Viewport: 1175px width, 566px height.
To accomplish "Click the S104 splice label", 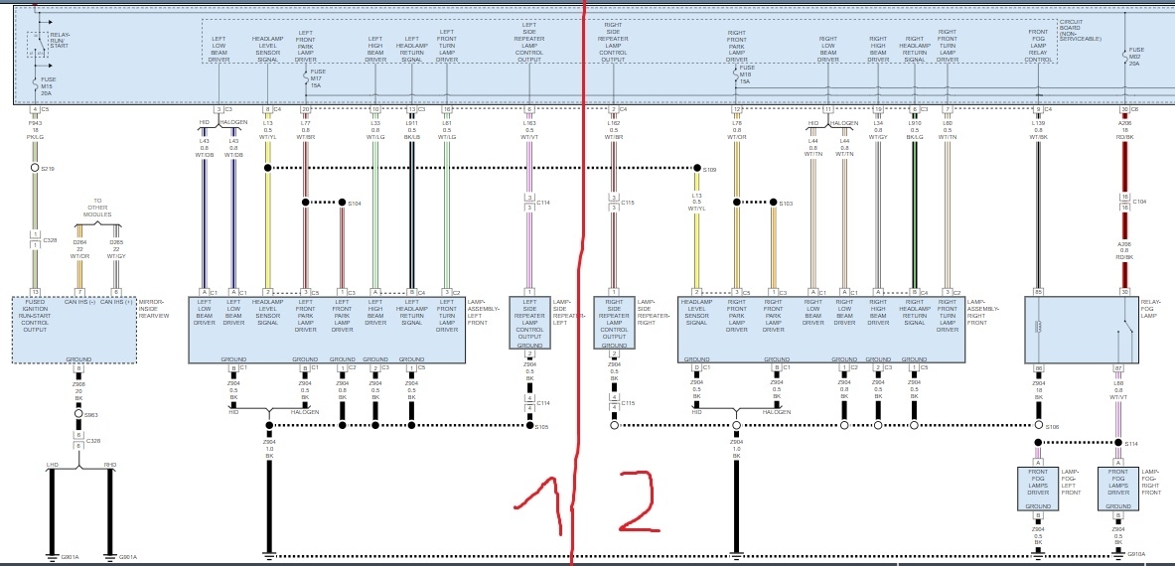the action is [355, 203].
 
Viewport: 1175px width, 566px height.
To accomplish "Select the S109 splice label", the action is [709, 170].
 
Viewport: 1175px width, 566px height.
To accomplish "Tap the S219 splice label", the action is [49, 170].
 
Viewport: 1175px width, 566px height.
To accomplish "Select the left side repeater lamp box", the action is [530, 322].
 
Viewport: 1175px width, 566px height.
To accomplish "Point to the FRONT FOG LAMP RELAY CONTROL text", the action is [1039, 46].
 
